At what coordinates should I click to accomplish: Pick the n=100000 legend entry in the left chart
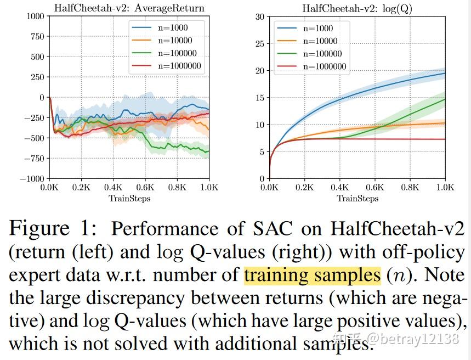click(175, 53)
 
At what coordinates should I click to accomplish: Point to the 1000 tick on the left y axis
click(35, 16)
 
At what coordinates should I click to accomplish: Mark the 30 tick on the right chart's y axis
click(260, 16)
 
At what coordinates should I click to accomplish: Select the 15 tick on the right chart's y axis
click(260, 98)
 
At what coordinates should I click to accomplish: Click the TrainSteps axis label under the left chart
click(129, 198)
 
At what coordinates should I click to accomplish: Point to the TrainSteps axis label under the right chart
click(357, 198)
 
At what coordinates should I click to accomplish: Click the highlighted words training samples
click(312, 275)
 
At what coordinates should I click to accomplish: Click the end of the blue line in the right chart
click(444, 73)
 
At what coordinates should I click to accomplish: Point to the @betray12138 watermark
click(413, 338)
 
